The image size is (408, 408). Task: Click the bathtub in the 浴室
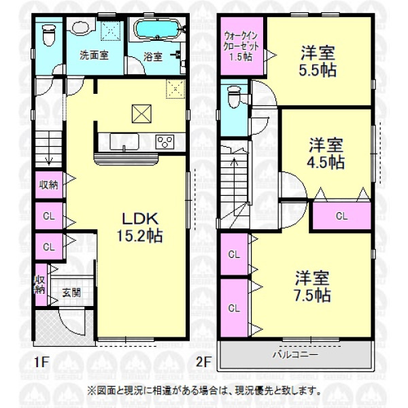pos(157,30)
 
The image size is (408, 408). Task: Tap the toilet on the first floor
pos(49,35)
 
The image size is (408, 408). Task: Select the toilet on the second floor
pos(234,97)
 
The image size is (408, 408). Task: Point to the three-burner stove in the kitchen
pos(165,142)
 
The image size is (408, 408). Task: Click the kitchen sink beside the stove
pos(124,142)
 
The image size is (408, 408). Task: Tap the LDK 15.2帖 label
pos(139,227)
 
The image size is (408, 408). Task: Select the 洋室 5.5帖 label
pos(318,62)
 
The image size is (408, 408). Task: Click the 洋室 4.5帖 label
pos(326,154)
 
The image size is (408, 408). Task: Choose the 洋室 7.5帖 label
pos(312,286)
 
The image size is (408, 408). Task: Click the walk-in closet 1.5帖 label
pos(241,46)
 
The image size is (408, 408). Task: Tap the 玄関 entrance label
pos(71,292)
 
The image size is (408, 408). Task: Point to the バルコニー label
pos(295,354)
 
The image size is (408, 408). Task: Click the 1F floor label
pos(42,362)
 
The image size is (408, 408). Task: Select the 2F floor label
pos(203,362)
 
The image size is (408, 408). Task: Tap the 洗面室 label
pos(94,55)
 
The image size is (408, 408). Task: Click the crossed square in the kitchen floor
pos(141,114)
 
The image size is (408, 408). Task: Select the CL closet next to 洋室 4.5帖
pos(341,216)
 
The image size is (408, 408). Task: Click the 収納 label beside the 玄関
pos(39,284)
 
